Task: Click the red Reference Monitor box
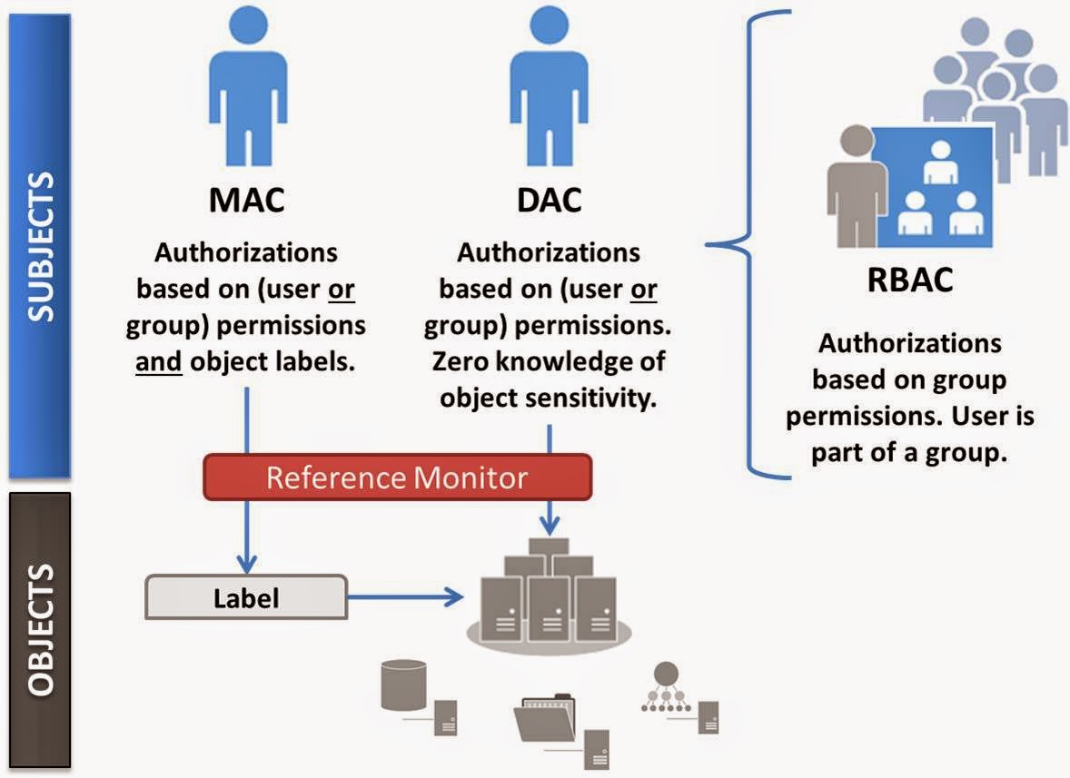click(x=397, y=477)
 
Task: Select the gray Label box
click(x=246, y=597)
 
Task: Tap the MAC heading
click(x=247, y=199)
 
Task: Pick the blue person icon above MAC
click(x=247, y=87)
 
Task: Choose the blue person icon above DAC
click(x=546, y=87)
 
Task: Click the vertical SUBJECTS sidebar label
click(x=40, y=245)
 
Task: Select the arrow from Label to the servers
click(x=404, y=597)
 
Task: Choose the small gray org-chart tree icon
click(x=667, y=688)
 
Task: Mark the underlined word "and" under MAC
click(x=159, y=361)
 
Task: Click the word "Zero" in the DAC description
click(x=462, y=361)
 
